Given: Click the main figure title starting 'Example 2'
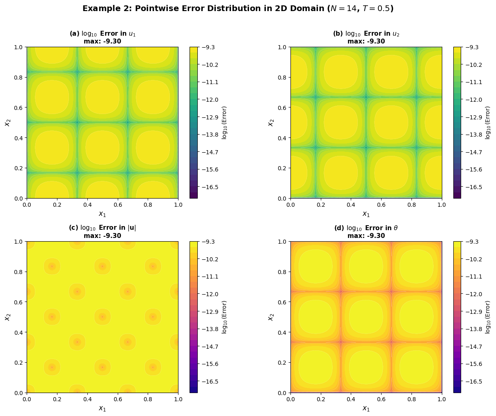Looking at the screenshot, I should point(238,9).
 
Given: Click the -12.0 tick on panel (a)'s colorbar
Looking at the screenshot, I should point(210,100).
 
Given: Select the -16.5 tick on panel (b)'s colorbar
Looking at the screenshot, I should point(473,187).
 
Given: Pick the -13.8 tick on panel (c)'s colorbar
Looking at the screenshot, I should point(210,329).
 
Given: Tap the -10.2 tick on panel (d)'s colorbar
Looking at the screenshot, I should point(473,259).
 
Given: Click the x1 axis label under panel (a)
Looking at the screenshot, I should point(103,214).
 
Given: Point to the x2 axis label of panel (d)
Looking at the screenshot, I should point(271,317).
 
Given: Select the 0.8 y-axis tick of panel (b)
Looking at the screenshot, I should point(282,78).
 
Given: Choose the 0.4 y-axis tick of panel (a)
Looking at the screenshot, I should point(18,138).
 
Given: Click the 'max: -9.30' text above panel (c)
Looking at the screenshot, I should point(103,236).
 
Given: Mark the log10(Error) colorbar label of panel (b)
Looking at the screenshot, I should point(488,123).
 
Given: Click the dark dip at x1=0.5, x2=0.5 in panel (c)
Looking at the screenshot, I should point(103,317).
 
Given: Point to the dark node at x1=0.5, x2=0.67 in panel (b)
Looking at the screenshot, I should point(366,97).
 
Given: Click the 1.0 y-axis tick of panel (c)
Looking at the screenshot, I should point(18,242).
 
